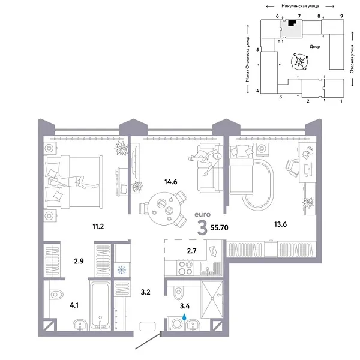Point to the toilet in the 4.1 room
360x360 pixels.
(56, 295)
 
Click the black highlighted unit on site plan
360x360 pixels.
(292, 23)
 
